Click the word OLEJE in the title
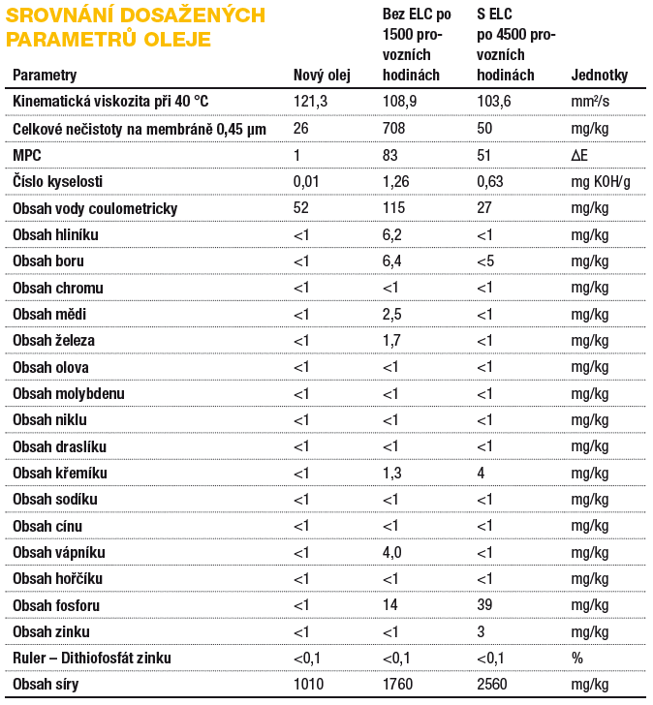coord(177,39)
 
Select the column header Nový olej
coord(322,76)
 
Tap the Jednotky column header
coord(599,76)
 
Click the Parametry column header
coord(45,76)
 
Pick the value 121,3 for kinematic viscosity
coord(310,101)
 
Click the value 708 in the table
coord(393,128)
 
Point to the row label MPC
coord(27,155)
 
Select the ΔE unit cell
coord(579,155)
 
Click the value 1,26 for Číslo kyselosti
coord(395,182)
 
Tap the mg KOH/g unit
coord(601,182)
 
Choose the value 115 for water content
coord(393,207)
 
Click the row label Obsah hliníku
coord(55,234)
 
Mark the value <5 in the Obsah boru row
coord(485,261)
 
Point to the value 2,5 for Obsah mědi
coord(391,315)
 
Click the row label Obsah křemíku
coord(60,473)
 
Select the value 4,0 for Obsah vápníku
coord(391,552)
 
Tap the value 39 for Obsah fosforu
coord(484,604)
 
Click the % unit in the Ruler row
coord(577,658)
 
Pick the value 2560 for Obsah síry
coord(491,684)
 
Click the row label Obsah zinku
coord(50,631)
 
